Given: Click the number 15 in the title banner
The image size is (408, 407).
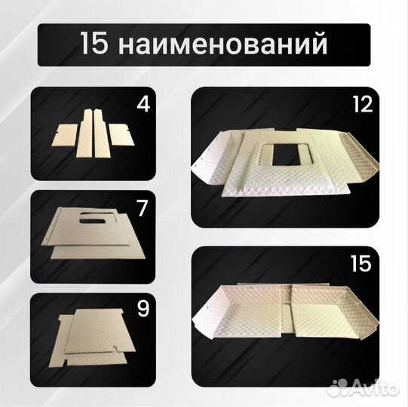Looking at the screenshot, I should pyautogui.click(x=96, y=44).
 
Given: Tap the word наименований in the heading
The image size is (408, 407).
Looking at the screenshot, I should pyautogui.click(x=222, y=44).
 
